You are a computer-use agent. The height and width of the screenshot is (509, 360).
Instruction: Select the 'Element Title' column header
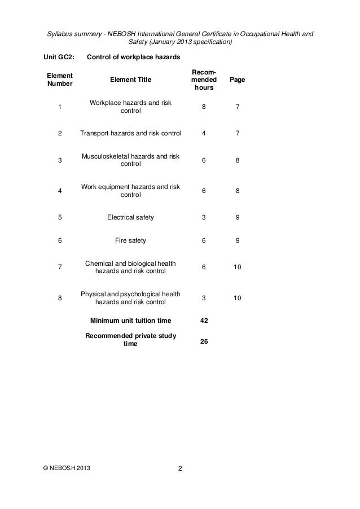pos(130,80)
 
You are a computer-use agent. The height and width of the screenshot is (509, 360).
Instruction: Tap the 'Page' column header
pos(238,80)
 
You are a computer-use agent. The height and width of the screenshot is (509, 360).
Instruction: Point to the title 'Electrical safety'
pos(130,216)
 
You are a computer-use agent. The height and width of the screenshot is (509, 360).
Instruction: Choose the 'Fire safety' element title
pos(130,240)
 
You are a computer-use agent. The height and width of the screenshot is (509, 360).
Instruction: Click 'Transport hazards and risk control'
pos(130,134)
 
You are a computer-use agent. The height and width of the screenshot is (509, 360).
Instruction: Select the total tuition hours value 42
pos(204,321)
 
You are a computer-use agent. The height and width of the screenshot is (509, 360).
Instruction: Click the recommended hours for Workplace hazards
pos(204,106)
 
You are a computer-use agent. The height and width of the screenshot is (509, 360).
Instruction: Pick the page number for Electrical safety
pos(238,216)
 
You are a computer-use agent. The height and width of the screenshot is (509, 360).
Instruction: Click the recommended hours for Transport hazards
pos(204,134)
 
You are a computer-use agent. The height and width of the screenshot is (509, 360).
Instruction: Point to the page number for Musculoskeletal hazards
pos(238,160)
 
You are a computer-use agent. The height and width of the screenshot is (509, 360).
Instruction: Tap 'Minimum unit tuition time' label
pos(130,321)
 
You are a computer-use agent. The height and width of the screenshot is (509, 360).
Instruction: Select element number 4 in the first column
pos(60,191)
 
